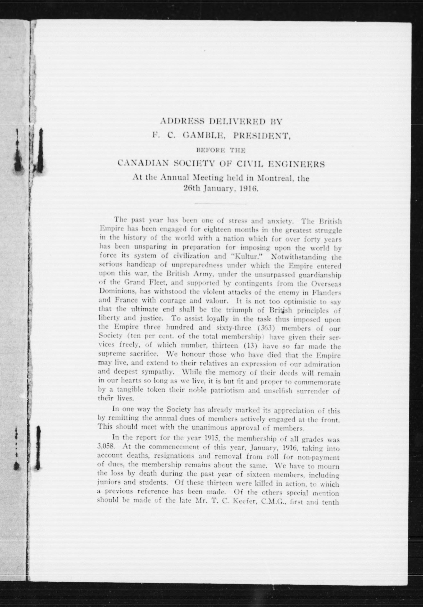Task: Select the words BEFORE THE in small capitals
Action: (221, 151)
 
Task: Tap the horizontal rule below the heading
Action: (221, 204)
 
